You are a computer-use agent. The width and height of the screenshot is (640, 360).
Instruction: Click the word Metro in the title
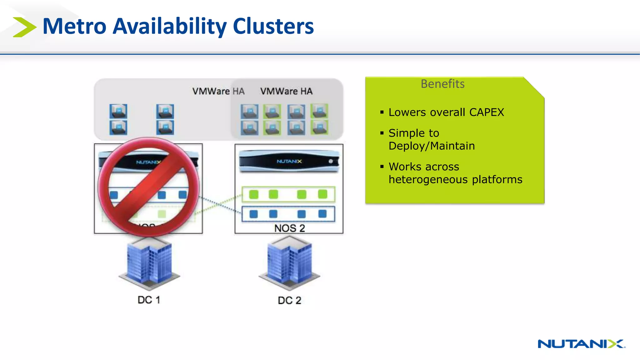(x=74, y=27)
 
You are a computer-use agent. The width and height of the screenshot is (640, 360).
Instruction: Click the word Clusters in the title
(x=273, y=27)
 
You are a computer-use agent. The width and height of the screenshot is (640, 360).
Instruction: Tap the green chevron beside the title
(x=24, y=27)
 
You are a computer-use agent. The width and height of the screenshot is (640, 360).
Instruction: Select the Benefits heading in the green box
(x=442, y=84)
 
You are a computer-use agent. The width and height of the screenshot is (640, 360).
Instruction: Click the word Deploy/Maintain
(x=432, y=146)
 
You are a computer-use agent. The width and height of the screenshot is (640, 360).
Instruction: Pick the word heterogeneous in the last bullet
(x=428, y=180)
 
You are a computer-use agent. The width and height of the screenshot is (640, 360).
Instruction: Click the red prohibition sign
(x=148, y=187)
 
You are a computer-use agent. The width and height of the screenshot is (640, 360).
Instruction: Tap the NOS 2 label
(x=289, y=228)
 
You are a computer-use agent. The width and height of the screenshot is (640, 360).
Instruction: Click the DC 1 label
(x=149, y=300)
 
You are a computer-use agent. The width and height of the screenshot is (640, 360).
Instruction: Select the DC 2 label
(x=289, y=301)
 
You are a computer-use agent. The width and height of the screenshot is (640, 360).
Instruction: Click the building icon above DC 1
(x=149, y=262)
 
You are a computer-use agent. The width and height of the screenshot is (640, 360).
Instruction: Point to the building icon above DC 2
(x=289, y=262)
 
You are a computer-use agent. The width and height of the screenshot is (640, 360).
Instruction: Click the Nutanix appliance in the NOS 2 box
(x=289, y=161)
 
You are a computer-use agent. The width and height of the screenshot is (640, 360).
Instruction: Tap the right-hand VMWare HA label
(x=286, y=91)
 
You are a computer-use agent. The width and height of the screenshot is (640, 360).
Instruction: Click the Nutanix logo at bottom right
(x=581, y=344)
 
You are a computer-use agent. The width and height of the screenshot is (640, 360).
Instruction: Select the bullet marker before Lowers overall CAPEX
(x=382, y=112)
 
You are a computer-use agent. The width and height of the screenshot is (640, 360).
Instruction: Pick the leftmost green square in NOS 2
(x=254, y=194)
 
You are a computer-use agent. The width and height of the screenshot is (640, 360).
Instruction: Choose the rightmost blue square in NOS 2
(x=322, y=214)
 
